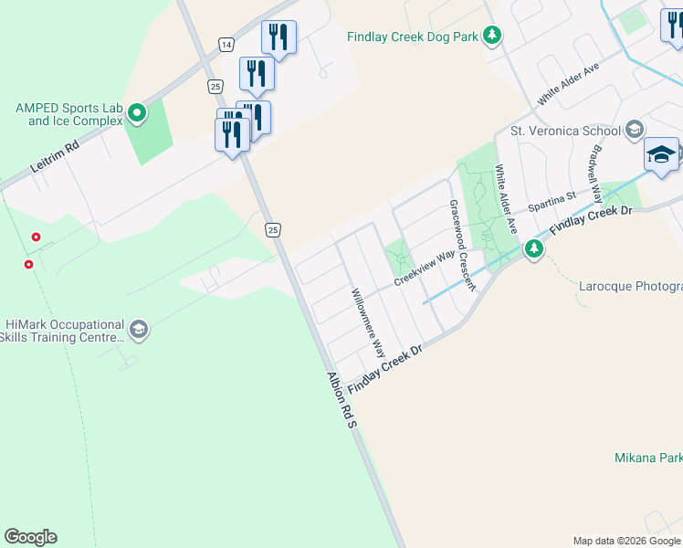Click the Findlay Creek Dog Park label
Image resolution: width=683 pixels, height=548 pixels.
coord(412,37)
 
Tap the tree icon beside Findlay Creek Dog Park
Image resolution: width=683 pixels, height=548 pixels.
coord(493,36)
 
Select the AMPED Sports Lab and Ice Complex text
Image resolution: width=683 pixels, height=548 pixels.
coord(68,114)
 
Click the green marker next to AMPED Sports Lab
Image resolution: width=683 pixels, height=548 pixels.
coord(137,114)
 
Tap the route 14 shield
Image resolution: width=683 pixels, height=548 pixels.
coord(226,44)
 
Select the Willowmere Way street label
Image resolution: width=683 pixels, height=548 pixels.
coord(369,323)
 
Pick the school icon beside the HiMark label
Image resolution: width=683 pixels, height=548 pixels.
coord(139,330)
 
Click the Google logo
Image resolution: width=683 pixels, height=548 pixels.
coord(30,537)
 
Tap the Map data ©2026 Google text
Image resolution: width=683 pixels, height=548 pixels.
coord(625,541)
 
